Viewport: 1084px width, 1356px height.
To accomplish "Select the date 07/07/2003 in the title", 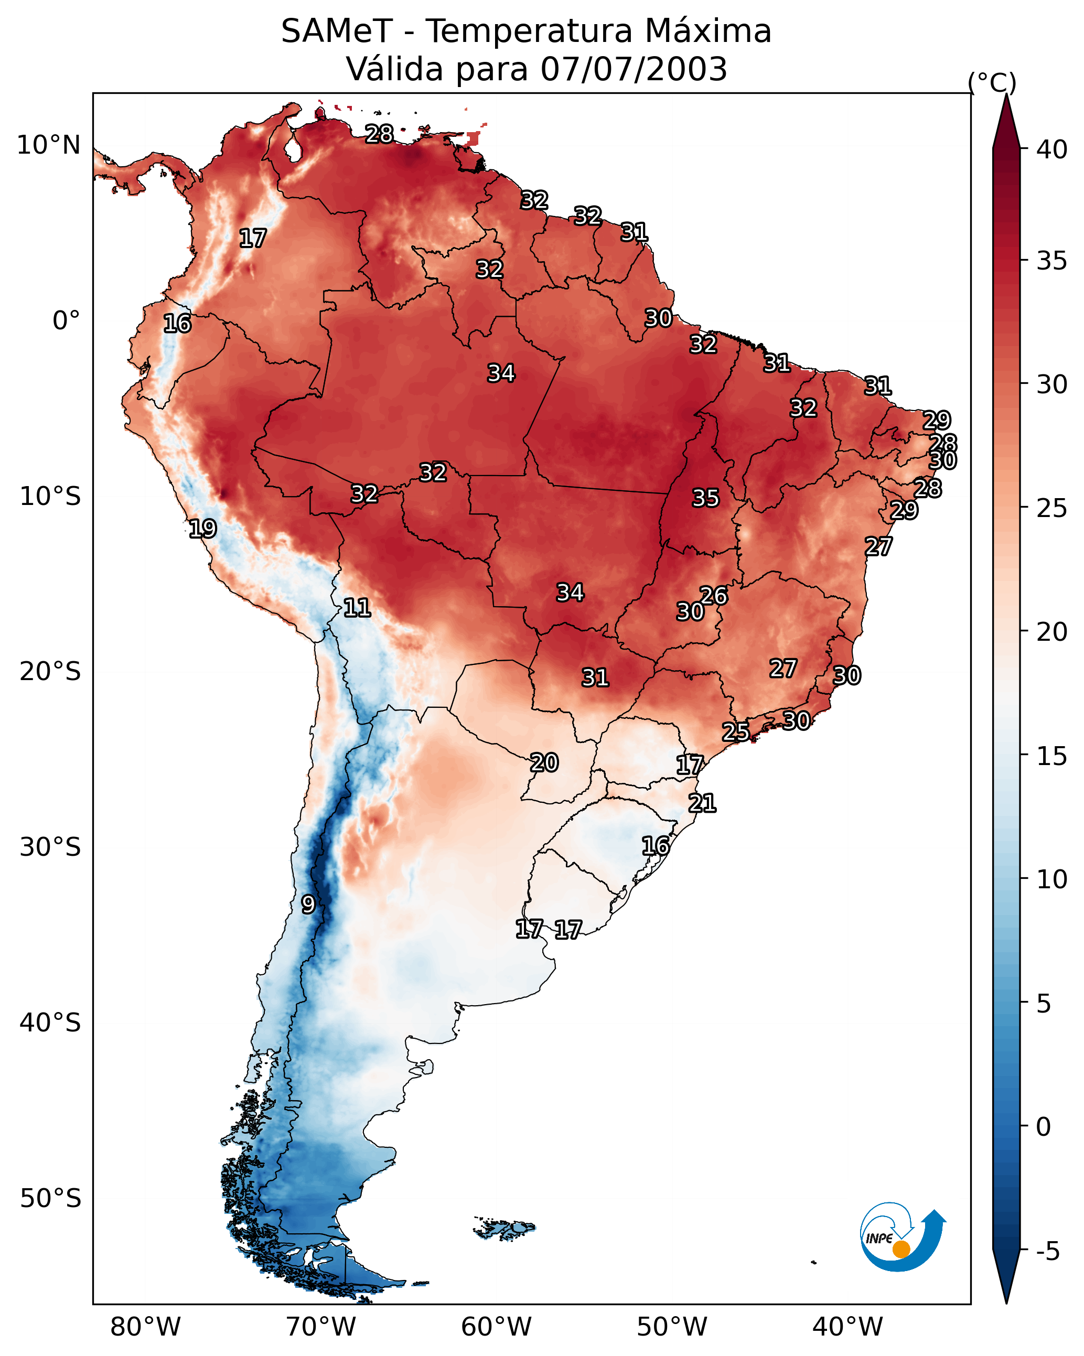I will point(634,69).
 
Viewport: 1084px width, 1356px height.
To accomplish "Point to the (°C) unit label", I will point(992,82).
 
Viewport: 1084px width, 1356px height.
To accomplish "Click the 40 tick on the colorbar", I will point(1052,149).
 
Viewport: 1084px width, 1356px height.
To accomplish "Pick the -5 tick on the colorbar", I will point(1047,1251).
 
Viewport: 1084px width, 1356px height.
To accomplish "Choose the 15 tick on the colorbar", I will point(1052,756).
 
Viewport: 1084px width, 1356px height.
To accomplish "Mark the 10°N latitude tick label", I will point(48,145).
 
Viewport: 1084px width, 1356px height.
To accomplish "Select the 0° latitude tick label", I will point(66,321).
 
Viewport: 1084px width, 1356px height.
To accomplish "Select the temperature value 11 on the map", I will point(357,608).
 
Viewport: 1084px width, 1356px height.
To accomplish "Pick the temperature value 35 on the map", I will point(705,498).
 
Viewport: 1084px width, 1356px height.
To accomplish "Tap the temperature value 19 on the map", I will point(202,529).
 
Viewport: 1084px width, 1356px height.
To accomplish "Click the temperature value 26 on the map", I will point(713,595).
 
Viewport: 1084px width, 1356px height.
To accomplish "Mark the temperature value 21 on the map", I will point(702,803).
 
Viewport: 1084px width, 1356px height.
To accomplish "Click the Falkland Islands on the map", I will point(505,1228).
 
